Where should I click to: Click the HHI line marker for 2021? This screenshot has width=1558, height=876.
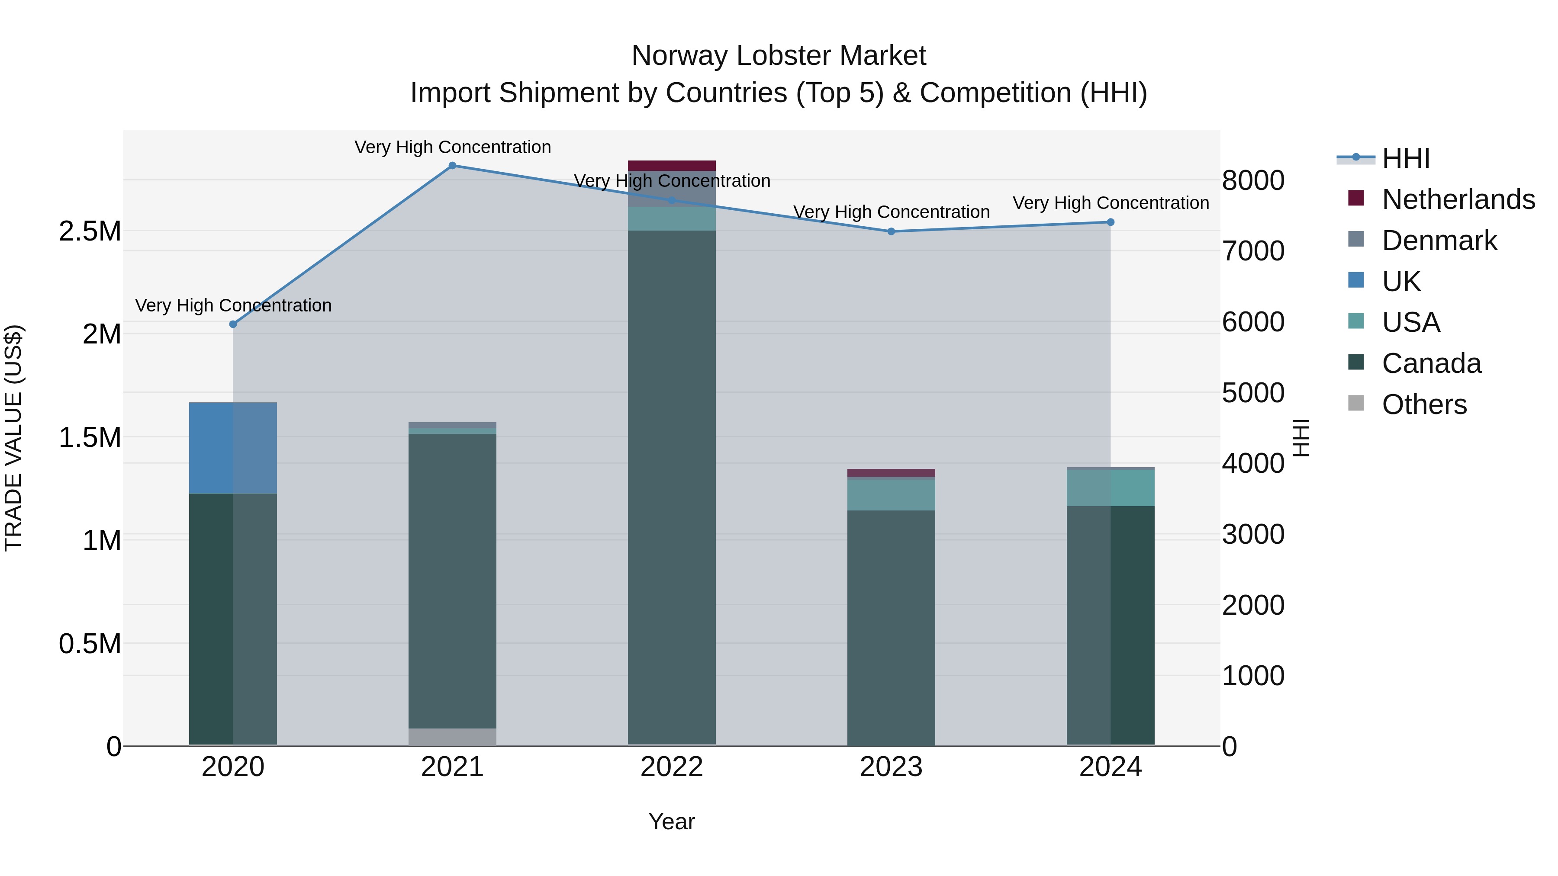(x=452, y=166)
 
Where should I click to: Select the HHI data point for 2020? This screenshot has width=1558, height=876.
(x=233, y=324)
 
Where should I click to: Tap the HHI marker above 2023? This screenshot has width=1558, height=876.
(x=891, y=231)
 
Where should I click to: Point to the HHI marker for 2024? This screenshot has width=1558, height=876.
(x=1111, y=222)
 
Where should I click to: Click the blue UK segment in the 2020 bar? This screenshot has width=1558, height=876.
(x=233, y=448)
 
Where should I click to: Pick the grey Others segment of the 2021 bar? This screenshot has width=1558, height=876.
(x=452, y=737)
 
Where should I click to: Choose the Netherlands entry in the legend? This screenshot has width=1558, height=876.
(x=1458, y=199)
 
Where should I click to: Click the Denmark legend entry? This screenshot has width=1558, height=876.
(x=1439, y=241)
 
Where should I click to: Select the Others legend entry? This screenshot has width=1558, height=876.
(x=1424, y=404)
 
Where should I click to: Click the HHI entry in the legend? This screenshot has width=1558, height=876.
(x=1406, y=158)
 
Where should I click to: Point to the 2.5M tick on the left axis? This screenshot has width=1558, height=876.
(x=90, y=231)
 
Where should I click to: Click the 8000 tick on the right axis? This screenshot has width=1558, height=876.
(x=1253, y=181)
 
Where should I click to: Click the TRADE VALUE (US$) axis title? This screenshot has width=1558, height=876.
(x=14, y=438)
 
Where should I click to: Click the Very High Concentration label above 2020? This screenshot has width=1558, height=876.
(x=233, y=305)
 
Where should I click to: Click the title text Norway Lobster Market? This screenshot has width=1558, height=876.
(x=779, y=56)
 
